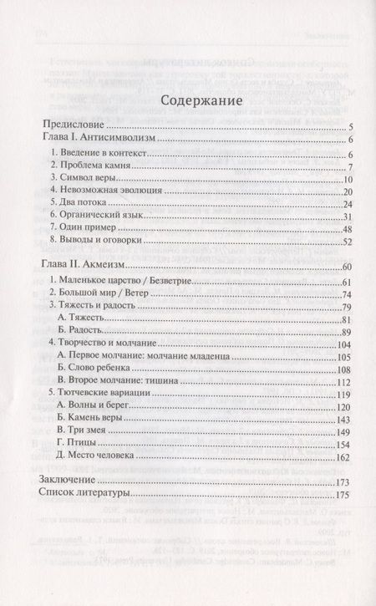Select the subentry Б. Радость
click(80, 334)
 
